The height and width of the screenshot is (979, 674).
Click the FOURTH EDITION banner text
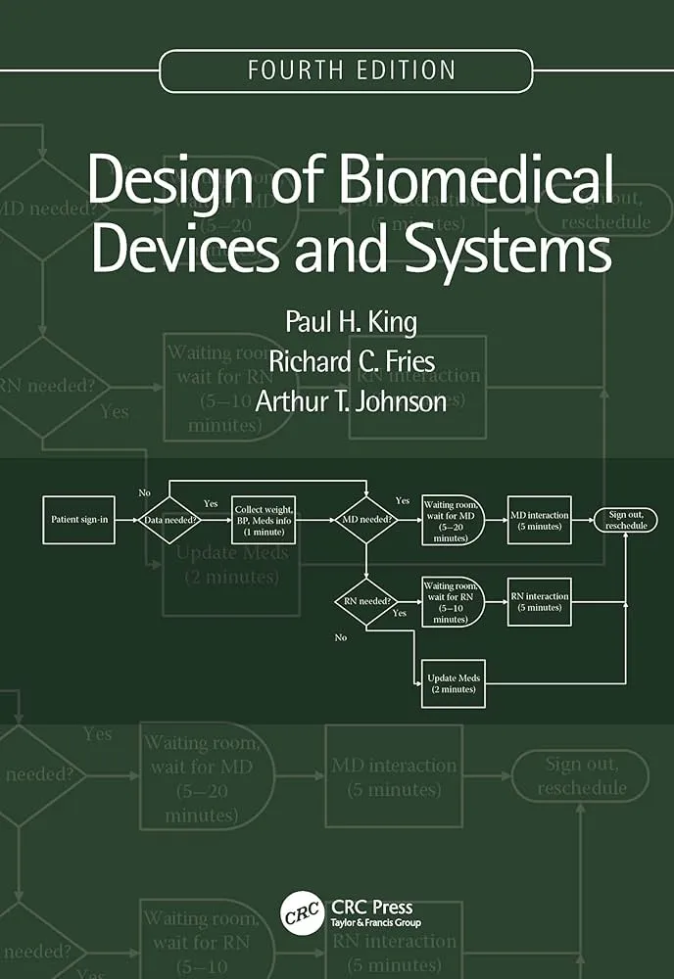(352, 70)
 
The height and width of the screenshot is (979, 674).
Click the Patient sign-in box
(78, 519)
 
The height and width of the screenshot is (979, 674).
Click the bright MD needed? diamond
(365, 520)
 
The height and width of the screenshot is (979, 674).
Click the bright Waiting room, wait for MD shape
(453, 520)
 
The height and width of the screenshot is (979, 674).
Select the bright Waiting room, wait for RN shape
(453, 601)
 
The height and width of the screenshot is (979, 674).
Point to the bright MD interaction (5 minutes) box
(539, 519)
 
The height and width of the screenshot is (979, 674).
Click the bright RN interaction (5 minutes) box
(539, 601)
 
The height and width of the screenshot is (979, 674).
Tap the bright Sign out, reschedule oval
(625, 519)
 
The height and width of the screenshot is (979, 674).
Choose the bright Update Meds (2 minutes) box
(453, 682)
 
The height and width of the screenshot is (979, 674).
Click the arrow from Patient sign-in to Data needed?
(126, 520)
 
